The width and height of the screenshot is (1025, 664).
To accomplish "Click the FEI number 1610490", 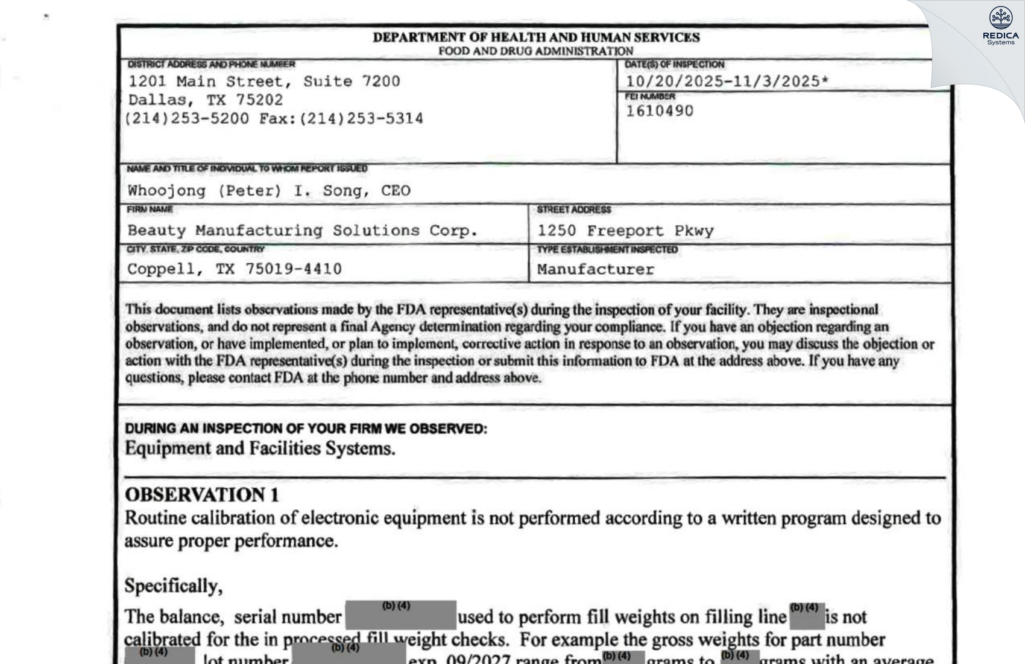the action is [659, 111].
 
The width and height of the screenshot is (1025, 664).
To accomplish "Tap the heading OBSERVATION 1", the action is [201, 495].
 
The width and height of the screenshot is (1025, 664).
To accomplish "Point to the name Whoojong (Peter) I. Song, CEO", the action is [268, 191].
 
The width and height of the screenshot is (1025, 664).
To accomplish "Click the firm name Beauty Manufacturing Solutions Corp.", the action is [302, 231].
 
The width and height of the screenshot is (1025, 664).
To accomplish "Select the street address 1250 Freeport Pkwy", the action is [625, 231].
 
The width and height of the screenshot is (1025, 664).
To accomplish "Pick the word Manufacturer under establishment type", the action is [595, 269].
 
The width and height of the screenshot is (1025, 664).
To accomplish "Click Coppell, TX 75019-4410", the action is [234, 269].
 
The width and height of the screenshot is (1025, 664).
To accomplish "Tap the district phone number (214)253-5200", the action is [187, 118].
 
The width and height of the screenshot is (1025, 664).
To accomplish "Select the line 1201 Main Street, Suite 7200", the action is [263, 81].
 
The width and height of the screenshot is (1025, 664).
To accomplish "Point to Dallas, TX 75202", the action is [205, 100].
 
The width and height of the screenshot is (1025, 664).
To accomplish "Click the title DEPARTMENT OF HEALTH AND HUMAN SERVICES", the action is [536, 37].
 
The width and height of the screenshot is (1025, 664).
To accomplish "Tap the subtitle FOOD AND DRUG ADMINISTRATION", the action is [535, 51].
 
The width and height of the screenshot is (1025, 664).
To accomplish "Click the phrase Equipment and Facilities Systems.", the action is [260, 449].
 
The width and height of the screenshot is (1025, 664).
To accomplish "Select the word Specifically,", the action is [173, 586].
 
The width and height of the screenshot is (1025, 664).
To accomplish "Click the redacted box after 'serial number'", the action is [400, 615].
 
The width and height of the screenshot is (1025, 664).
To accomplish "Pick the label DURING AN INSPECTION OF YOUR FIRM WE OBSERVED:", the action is [306, 429].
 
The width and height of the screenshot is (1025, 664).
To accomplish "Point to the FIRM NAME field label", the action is [150, 209].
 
